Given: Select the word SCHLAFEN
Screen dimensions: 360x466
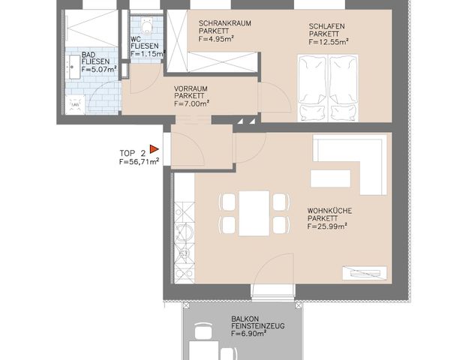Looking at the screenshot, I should [x=326, y=25].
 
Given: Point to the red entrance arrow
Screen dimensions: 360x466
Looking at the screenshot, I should [x=154, y=150].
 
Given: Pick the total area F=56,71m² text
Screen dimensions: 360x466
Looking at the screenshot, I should [x=139, y=160].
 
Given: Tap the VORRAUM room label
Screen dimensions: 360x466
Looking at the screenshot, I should [x=191, y=88].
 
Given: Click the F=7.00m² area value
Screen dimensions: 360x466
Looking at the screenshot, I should [x=191, y=103].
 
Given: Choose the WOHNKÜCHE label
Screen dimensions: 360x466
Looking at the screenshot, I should [x=331, y=210].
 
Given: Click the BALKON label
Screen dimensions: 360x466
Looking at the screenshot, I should [x=246, y=319].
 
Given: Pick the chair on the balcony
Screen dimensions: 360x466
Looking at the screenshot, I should [x=203, y=331].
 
